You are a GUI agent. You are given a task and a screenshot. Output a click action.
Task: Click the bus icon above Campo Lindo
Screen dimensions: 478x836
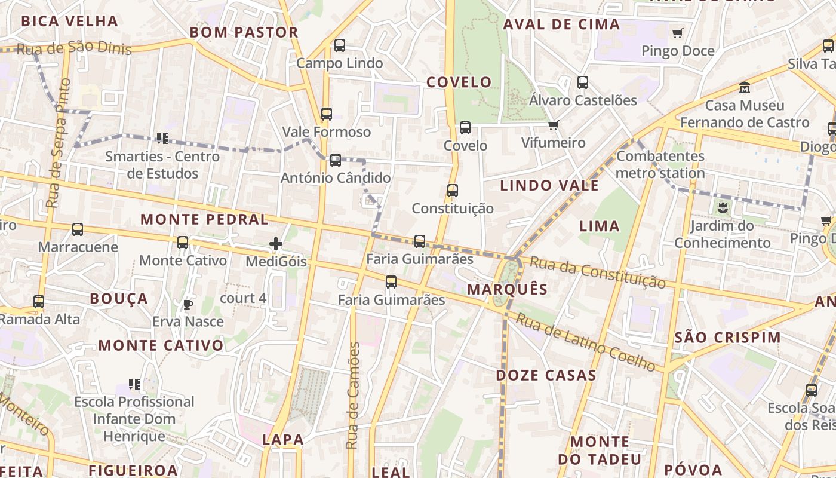340,45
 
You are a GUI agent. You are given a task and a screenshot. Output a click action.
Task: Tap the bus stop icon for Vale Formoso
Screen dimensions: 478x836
326,114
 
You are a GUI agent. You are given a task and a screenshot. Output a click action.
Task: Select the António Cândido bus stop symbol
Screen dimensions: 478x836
336,160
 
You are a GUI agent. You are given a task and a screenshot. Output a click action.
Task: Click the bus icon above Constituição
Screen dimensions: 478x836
453,191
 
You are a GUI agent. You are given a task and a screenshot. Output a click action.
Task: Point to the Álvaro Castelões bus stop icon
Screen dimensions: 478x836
583,82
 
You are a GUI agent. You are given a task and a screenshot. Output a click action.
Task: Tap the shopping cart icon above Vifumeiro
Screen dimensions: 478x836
553,125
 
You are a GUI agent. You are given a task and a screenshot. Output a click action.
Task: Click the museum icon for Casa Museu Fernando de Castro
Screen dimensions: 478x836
744,88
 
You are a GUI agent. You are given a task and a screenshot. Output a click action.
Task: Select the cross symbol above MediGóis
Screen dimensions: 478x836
276,243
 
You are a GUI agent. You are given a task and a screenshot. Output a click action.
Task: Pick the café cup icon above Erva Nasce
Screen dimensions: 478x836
188,304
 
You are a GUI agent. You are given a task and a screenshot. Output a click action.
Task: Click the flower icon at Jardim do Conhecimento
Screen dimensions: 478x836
723,208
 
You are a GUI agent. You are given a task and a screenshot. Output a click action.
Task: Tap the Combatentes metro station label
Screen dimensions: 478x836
660,165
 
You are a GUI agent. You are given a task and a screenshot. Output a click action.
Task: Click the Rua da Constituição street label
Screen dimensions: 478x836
597,272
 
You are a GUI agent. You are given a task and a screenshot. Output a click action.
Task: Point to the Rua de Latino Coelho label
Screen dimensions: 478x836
585,341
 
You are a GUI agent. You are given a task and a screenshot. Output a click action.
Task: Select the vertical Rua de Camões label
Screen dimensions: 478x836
354,396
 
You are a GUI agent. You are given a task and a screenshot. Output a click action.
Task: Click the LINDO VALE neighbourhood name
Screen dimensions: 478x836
549,185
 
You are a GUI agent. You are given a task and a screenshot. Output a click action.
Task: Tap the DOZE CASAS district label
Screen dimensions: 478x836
546,375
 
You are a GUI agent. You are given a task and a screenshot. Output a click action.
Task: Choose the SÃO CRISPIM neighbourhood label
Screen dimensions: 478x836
727,337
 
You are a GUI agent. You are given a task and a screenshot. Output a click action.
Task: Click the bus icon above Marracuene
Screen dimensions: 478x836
78,229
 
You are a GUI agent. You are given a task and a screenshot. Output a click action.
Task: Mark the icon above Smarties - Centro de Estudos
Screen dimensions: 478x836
162,139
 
